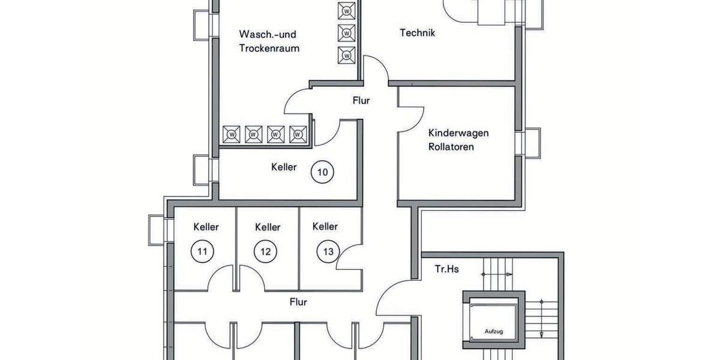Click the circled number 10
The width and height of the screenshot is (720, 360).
click(x=322, y=173)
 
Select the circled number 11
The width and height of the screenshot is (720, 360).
click(x=202, y=251)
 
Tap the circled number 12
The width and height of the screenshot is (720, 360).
click(x=265, y=251)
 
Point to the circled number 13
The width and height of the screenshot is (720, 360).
click(x=328, y=251)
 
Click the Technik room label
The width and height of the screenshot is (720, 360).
click(x=417, y=33)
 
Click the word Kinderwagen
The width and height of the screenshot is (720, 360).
click(x=458, y=133)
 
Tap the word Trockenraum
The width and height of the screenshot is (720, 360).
click(x=269, y=48)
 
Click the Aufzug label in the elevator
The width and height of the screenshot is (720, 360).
click(x=494, y=331)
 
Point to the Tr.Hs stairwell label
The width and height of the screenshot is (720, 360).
click(x=446, y=269)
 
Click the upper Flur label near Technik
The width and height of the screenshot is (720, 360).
click(x=361, y=101)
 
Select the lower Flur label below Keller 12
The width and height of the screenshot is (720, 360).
click(x=298, y=302)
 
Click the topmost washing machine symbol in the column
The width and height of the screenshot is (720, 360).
click(x=347, y=11)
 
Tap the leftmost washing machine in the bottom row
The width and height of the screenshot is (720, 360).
click(x=232, y=134)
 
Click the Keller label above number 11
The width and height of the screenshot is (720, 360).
click(x=206, y=227)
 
